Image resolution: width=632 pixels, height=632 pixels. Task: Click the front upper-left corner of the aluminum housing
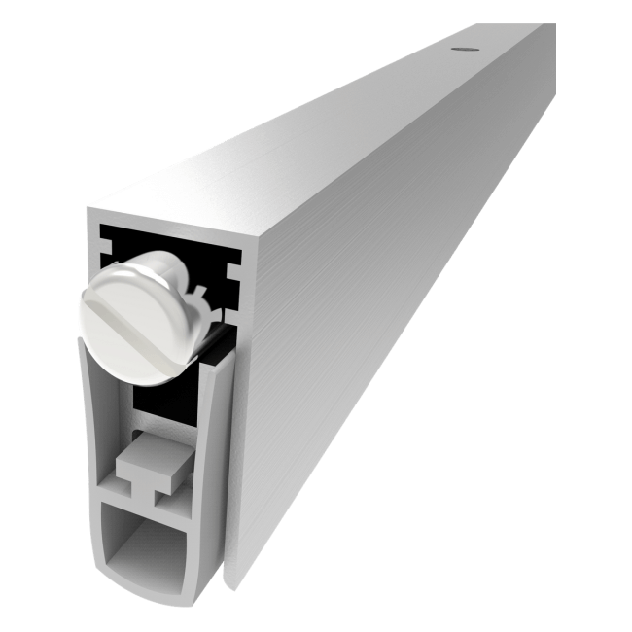88,208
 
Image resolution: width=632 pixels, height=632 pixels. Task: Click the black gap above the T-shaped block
156,404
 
